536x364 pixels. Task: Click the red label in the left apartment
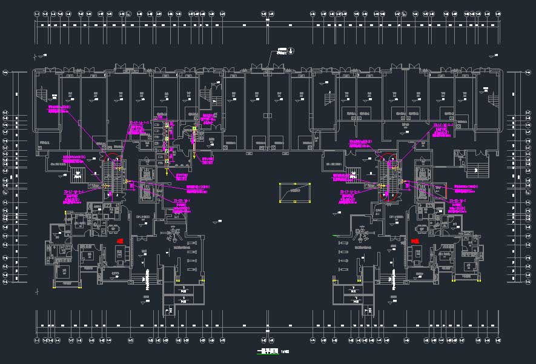pyautogui.click(x=120, y=241)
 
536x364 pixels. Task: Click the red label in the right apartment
pyautogui.click(x=415, y=241)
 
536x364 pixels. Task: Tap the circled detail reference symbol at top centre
pyautogui.click(x=291, y=50)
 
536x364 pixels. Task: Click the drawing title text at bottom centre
pyautogui.click(x=266, y=351)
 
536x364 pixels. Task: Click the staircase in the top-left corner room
pyautogui.click(x=42, y=94)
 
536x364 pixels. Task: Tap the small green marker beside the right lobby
pyautogui.click(x=334, y=235)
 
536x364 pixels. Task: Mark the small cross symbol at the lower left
pyautogui.click(x=37, y=291)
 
